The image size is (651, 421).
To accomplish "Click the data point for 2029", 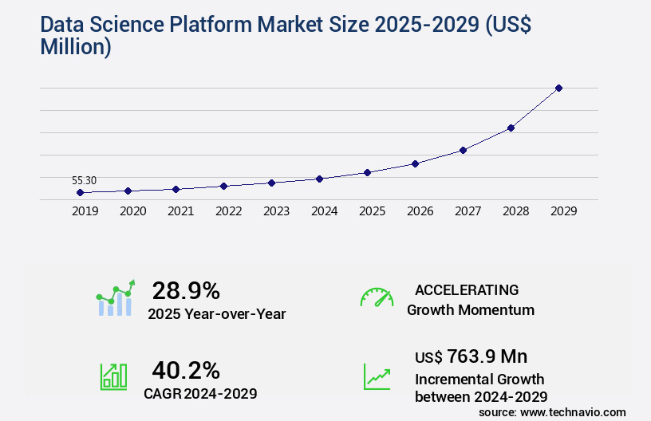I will click(x=558, y=88).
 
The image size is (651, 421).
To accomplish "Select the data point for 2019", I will click(x=80, y=192).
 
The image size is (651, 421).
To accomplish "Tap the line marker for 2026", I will click(x=415, y=163).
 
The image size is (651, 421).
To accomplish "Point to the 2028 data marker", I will click(x=511, y=128).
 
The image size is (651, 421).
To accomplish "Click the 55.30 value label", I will click(x=84, y=180).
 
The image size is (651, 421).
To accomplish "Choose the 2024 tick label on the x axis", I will click(x=324, y=211).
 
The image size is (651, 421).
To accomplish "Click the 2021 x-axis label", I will click(x=180, y=211).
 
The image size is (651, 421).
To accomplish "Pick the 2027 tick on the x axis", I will click(x=468, y=211).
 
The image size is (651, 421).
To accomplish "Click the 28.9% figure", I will click(x=186, y=291).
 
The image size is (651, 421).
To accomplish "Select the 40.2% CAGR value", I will click(x=186, y=370).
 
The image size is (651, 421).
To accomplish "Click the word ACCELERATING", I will click(x=467, y=290).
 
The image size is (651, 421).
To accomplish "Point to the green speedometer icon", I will click(x=377, y=297).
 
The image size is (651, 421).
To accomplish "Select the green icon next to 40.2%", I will click(x=113, y=376).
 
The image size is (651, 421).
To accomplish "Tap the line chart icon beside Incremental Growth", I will click(x=377, y=376).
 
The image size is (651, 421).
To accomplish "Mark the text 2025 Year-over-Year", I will click(x=216, y=314).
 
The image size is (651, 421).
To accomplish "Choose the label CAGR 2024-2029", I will click(x=200, y=393).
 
